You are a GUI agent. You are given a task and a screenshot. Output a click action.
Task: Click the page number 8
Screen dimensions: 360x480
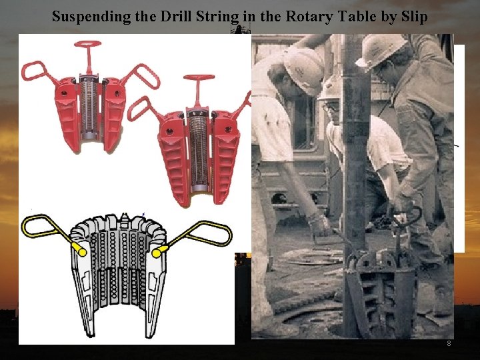[449, 343]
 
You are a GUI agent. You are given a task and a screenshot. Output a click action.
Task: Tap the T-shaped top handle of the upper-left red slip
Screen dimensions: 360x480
[88, 46]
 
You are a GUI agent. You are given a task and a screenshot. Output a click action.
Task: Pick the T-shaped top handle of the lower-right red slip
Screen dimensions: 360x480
[196, 83]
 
